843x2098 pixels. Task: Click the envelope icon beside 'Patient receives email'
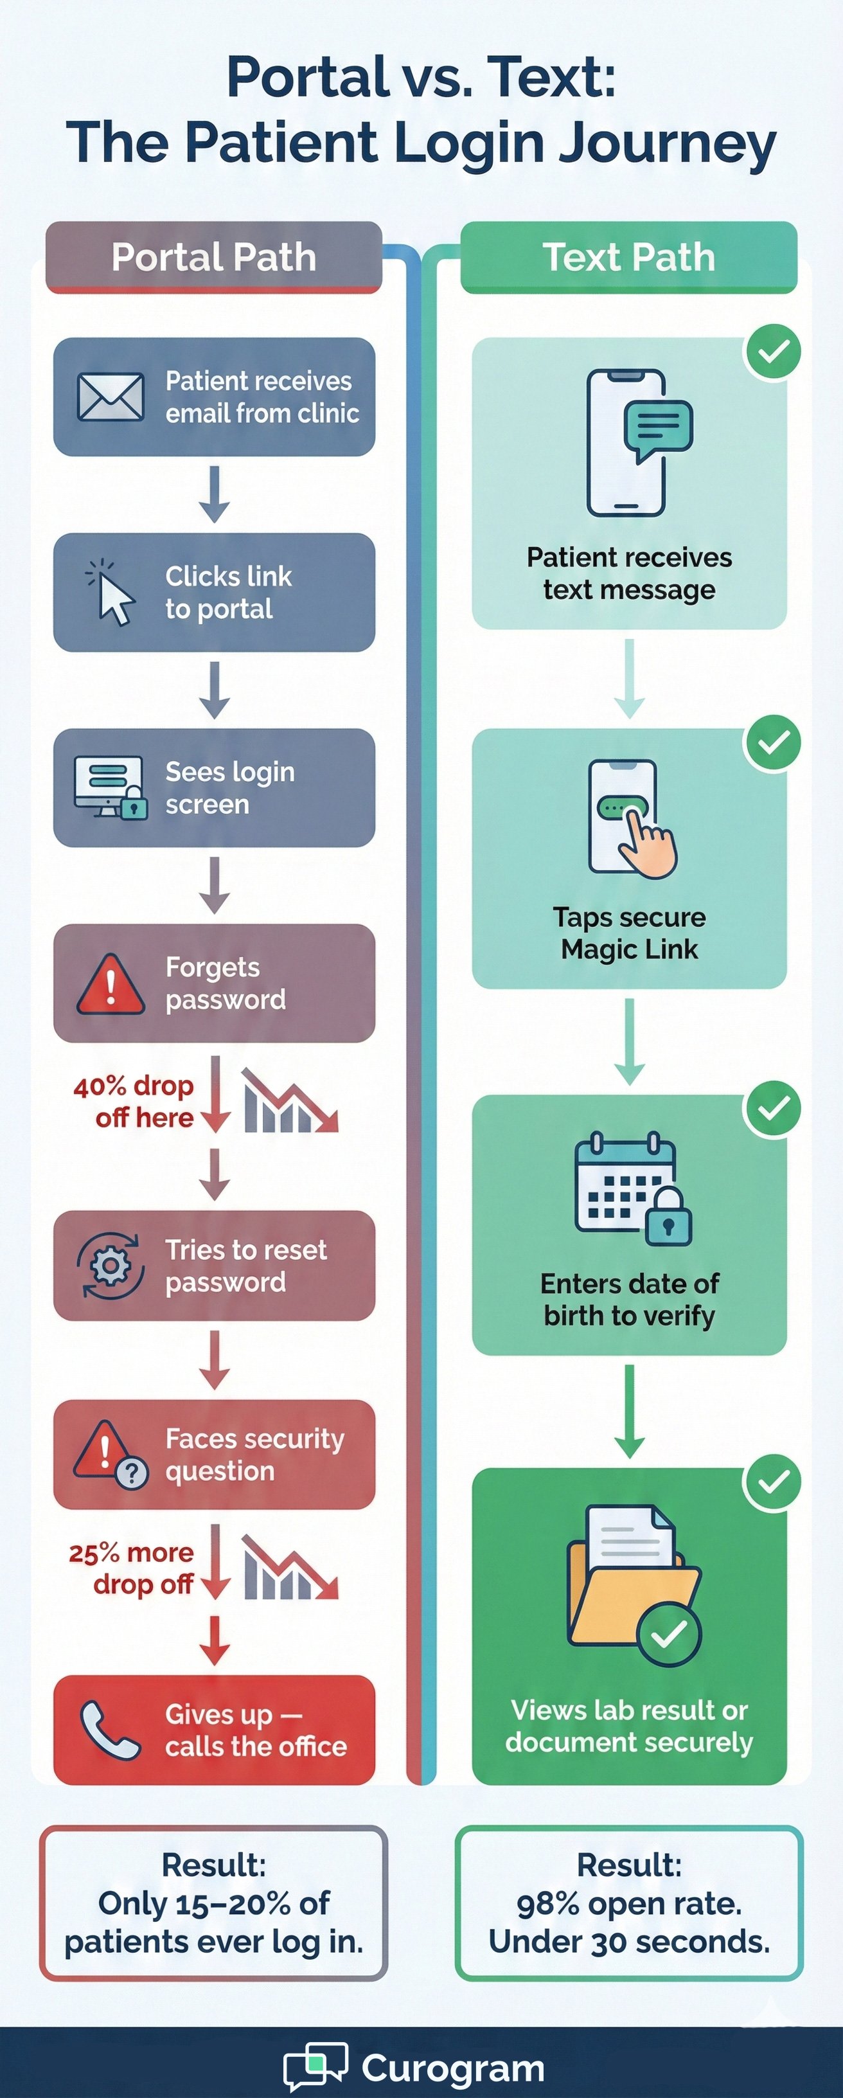[111, 397]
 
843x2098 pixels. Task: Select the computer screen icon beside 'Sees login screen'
[111, 787]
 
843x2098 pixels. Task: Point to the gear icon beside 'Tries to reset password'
[111, 1266]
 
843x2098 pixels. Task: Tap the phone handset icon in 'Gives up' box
[110, 1730]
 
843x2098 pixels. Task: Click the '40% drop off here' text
[134, 1101]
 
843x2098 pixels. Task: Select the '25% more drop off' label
[132, 1568]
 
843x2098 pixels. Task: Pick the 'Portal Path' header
[213, 257]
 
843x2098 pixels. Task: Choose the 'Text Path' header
[629, 257]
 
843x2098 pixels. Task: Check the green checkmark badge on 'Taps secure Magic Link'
[773, 742]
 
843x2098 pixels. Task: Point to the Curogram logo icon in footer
[316, 2065]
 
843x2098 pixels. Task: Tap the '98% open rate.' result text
[630, 1903]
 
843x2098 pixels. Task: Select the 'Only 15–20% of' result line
[213, 1903]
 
